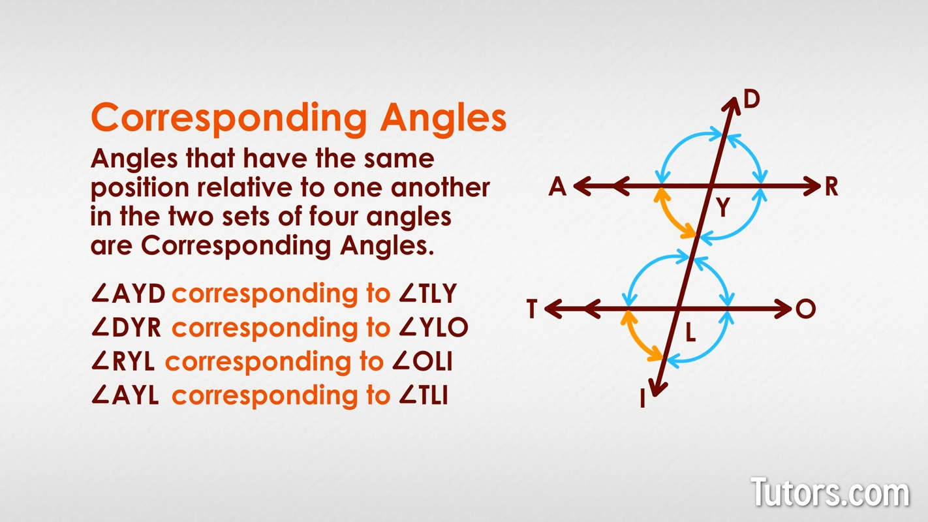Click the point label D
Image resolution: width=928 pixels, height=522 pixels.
click(752, 100)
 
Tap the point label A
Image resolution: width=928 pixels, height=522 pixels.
click(557, 187)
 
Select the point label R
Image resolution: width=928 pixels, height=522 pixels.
click(831, 187)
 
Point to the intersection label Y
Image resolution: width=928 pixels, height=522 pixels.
click(722, 208)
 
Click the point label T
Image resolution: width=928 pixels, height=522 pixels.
click(533, 309)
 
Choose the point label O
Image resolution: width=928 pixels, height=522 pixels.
click(806, 309)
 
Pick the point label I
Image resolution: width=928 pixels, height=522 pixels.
click(643, 399)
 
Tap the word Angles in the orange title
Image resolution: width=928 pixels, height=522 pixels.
click(444, 118)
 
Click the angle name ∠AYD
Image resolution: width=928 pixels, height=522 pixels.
click(129, 294)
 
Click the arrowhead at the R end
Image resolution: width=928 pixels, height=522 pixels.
click(812, 187)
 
